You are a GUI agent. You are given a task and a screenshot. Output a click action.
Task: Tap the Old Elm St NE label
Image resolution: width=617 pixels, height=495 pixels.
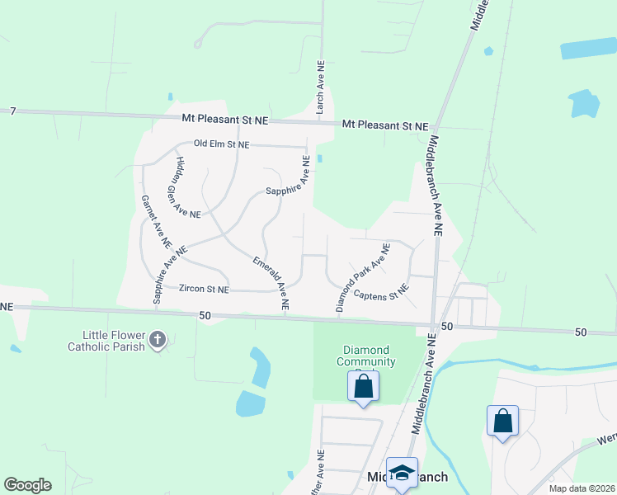(221, 144)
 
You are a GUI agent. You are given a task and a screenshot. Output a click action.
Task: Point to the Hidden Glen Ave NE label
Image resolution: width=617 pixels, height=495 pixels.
(185, 187)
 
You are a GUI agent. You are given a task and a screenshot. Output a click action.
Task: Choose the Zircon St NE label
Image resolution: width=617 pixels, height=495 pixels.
(204, 290)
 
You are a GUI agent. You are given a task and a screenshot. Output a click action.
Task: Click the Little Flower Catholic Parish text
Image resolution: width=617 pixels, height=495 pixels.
(114, 341)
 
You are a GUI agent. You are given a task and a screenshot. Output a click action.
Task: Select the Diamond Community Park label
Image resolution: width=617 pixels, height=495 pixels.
(366, 356)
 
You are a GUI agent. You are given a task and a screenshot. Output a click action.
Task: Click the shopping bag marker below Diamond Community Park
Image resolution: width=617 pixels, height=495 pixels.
(363, 386)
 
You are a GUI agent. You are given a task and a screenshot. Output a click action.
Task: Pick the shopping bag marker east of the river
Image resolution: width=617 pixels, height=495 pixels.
(502, 421)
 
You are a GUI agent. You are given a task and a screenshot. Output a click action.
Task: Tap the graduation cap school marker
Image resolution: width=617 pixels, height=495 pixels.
(402, 472)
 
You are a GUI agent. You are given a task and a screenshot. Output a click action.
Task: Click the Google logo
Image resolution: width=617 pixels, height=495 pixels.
(27, 485)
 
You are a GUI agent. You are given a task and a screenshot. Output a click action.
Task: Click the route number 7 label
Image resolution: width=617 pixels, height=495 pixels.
(13, 111)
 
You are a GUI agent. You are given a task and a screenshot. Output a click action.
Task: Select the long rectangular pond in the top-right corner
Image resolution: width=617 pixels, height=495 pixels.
(588, 48)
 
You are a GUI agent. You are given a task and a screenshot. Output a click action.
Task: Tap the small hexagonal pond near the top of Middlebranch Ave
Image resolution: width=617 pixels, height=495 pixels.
(489, 51)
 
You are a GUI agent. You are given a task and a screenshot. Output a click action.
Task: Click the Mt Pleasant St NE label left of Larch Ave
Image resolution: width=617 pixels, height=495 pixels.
(225, 120)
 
